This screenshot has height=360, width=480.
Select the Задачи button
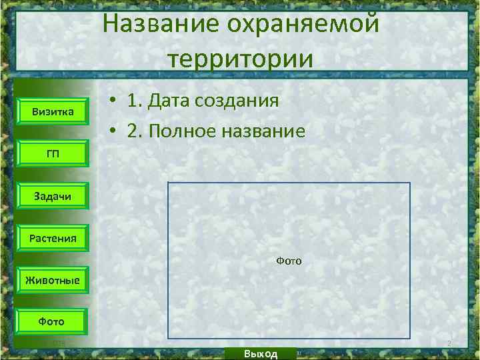(53, 195)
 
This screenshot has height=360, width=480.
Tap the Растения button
(53, 237)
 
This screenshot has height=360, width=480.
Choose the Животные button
(53, 279)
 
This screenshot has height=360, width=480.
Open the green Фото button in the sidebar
(51, 321)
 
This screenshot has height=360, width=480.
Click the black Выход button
(261, 353)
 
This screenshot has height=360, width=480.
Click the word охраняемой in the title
(302, 25)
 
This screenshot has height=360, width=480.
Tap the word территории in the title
(241, 58)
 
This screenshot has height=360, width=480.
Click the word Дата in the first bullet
(173, 101)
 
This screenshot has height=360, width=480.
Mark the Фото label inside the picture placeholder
(289, 261)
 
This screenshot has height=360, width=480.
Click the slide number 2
(449, 344)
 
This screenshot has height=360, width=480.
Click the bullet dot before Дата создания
(115, 101)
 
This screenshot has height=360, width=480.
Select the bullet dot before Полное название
(115, 131)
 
